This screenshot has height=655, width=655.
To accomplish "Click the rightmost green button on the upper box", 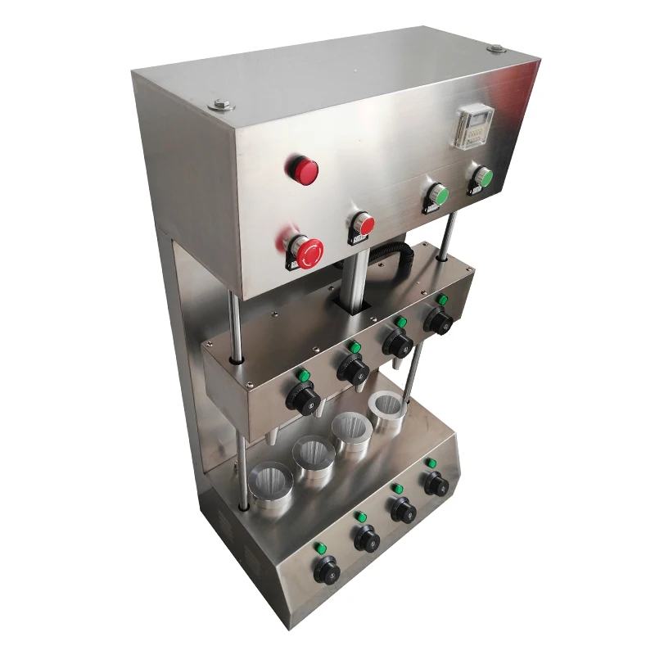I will pos(482,177).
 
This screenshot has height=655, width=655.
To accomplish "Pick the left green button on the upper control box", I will pos(438,197).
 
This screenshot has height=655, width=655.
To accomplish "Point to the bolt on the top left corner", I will pos(221,105).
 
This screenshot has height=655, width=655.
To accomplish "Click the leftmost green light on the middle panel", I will pos(302,375).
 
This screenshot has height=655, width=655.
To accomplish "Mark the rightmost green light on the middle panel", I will pos(442,300).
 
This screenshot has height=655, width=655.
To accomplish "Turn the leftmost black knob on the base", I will pos(326,569).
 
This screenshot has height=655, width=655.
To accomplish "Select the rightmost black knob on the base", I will pos(436,483).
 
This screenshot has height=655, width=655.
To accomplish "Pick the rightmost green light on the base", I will pos(430,463).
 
